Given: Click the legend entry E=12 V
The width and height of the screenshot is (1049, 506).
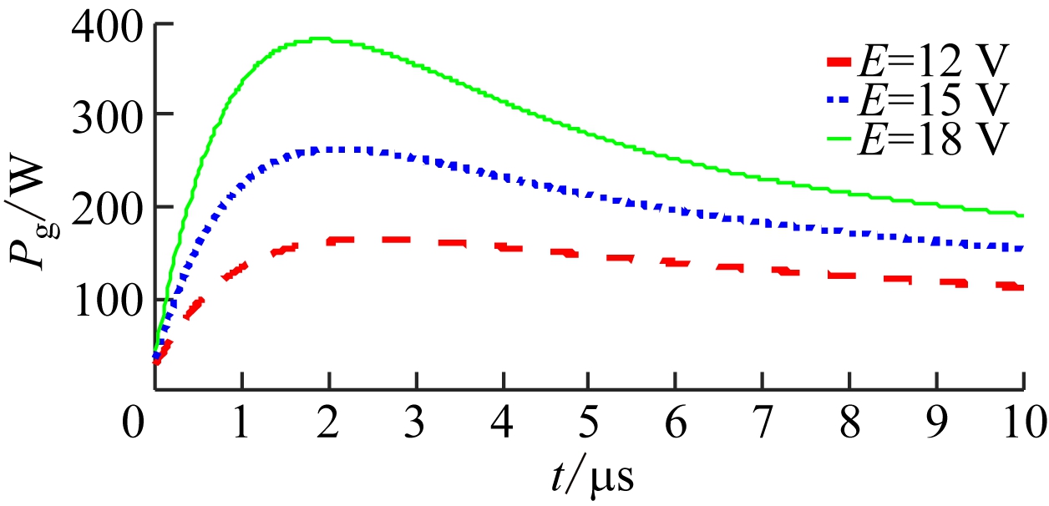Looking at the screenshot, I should coord(919,63).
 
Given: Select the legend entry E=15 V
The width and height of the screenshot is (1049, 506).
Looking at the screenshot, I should coord(919,101).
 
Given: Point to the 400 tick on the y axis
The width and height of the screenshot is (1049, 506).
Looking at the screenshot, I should coord(110,25).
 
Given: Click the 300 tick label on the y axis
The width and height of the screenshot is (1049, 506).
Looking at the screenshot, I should coord(110,115).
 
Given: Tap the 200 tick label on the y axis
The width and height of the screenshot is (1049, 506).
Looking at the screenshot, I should coord(110,207).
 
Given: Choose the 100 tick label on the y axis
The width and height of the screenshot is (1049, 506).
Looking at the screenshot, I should coord(110,299).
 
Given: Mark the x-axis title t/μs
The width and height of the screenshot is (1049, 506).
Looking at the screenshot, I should coord(592,478).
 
